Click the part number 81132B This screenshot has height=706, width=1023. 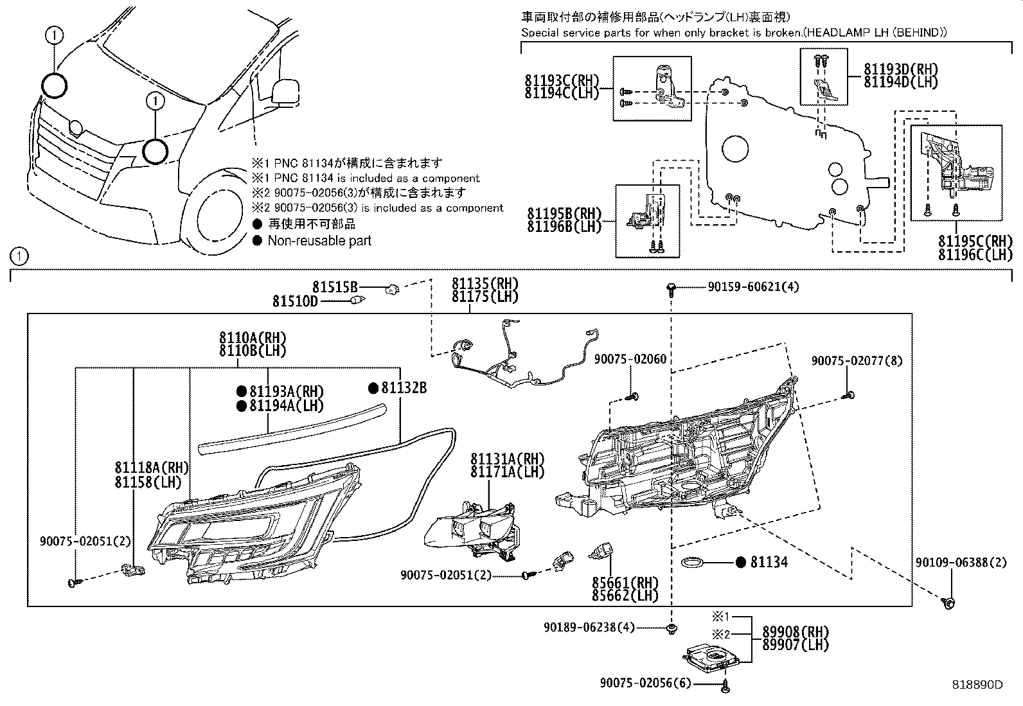404,388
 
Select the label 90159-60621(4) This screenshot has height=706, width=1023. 753,287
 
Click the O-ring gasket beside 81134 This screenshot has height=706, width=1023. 691,563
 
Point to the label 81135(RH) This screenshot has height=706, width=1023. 485,284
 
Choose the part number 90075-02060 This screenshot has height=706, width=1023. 630,359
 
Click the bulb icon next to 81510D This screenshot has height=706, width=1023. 359,300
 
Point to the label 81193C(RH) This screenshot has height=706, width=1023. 561,81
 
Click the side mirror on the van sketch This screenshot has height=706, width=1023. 286,91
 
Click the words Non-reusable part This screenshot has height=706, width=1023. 319,241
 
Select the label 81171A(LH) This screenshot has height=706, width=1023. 507,472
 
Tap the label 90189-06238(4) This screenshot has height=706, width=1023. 589,627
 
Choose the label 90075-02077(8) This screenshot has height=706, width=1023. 857,362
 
